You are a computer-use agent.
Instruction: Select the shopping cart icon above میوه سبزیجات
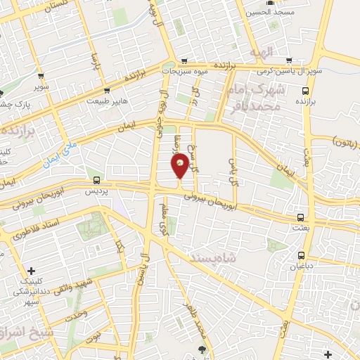pos(184,60)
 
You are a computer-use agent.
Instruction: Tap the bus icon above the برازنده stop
pos(305,91)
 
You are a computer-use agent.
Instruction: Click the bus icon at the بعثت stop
pos(301,217)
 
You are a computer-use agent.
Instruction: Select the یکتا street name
pos(120,248)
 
